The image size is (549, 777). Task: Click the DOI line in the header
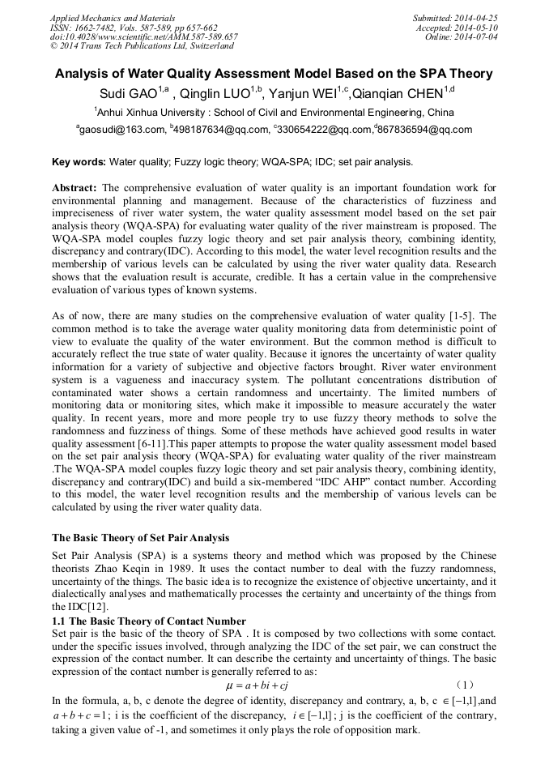pyautogui.click(x=143, y=36)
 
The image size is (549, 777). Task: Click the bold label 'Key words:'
pyautogui.click(x=79, y=162)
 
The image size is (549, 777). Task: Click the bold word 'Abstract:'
pyautogui.click(x=74, y=188)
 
